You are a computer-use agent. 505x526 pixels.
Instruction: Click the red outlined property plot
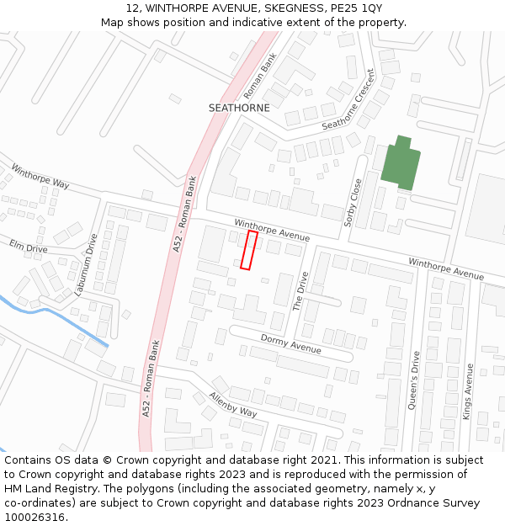(x=248, y=250)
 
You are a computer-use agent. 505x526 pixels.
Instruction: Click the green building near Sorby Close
(x=400, y=163)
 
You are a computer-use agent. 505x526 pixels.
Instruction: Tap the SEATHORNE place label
(x=239, y=108)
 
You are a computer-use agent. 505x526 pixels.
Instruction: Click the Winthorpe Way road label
(x=40, y=176)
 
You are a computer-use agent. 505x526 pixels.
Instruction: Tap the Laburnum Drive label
(x=86, y=263)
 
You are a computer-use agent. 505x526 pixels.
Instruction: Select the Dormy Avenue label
(x=290, y=343)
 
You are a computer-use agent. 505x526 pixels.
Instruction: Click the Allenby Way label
(x=233, y=405)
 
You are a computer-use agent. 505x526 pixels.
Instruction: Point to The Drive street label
(x=300, y=291)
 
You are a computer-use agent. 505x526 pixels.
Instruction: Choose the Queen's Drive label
(x=413, y=380)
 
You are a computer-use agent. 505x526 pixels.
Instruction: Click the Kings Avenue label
(x=469, y=391)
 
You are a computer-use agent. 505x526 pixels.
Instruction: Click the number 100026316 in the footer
(x=35, y=517)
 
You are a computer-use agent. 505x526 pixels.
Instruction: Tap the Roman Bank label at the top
(x=259, y=77)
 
